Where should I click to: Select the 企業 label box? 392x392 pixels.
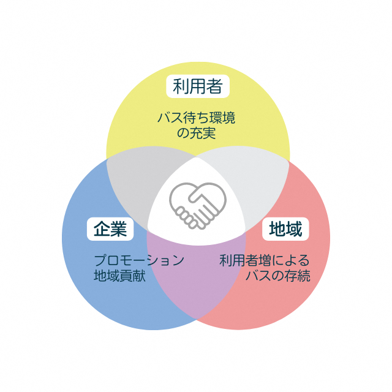pos(110,229)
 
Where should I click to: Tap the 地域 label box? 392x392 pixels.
pos(285,230)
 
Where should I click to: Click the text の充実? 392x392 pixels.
pos(196,133)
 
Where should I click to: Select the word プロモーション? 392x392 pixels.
pos(139,260)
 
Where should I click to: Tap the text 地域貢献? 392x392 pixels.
pos(119,276)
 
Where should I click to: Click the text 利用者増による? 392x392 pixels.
pos(265,260)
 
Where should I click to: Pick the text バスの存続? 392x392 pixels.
pos(277,276)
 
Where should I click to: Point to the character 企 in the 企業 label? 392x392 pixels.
pos(101,229)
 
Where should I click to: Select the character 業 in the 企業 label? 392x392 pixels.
pos(118,229)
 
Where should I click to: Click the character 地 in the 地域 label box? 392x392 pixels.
pos(277,230)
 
